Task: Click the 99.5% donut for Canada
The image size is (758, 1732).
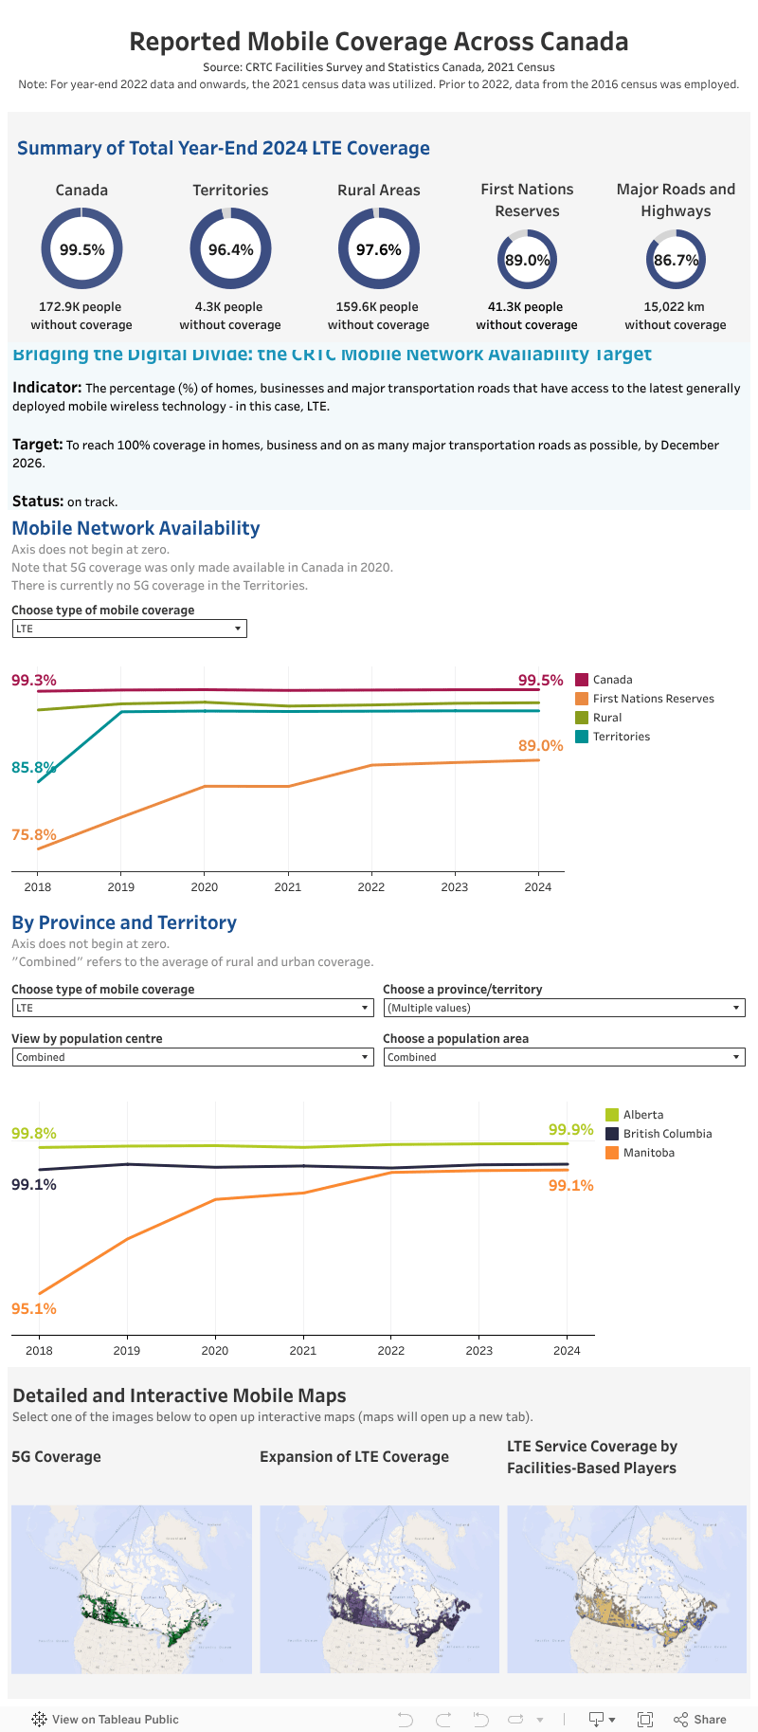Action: coord(81,249)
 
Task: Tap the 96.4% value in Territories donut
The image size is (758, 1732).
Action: coord(230,250)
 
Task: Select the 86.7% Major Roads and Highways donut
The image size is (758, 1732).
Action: coord(676,260)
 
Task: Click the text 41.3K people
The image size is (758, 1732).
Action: coord(525,307)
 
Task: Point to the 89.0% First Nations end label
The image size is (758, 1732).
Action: coord(540,746)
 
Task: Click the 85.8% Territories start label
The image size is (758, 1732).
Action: coord(33,767)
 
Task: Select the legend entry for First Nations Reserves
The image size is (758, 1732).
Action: coord(653,699)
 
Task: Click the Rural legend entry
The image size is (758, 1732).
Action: coord(606,718)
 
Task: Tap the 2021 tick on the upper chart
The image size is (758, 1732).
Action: coord(288,887)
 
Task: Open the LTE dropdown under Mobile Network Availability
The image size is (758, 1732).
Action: coord(129,629)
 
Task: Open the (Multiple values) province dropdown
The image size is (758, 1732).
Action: coord(564,1008)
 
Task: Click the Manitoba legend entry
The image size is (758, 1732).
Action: coord(648,1153)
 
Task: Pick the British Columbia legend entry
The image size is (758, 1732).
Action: coord(666,1134)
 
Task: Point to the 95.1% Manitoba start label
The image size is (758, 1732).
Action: coord(34,1308)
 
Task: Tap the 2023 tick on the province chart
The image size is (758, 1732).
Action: coord(478,1351)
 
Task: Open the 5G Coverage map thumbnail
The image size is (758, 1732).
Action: coord(132,1589)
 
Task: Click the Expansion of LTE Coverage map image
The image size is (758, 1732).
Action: coord(379,1589)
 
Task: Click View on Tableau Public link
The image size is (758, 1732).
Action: coord(115,1719)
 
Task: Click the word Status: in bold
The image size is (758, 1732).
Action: coord(38,501)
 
